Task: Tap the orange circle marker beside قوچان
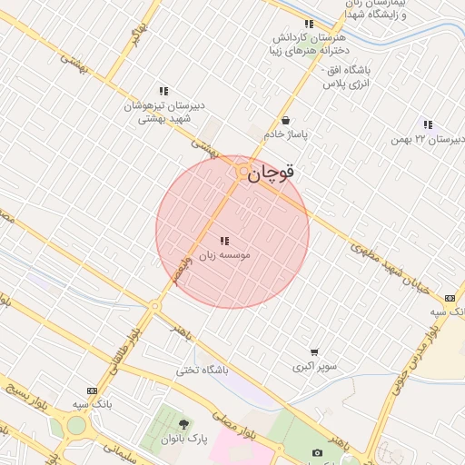point(242,170)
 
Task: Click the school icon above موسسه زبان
point(223,241)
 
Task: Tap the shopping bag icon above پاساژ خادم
point(286,120)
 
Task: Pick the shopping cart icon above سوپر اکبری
point(314,352)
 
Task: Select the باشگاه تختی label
point(204,371)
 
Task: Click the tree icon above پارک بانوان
point(184,424)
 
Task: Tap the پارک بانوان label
point(184,439)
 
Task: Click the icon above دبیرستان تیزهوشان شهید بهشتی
point(163,91)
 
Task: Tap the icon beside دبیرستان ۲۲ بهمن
point(428,124)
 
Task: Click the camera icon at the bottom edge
point(317,452)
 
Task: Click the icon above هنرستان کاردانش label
point(309,24)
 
